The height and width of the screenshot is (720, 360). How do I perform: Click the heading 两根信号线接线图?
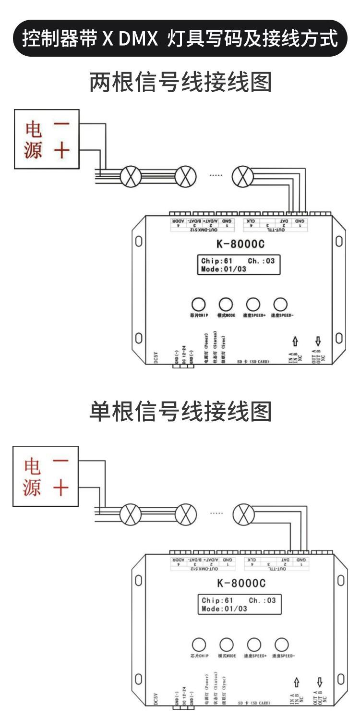coord(180,82)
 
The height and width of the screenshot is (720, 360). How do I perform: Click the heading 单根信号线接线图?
coord(180,411)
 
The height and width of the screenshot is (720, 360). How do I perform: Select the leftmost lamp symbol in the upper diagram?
coord(129,177)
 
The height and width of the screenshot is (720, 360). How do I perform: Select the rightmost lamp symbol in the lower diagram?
coord(243,515)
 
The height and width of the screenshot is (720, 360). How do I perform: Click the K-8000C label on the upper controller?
coord(240,244)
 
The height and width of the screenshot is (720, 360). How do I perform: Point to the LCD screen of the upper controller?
coord(239,265)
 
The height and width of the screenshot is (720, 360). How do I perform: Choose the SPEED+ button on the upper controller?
coord(252,304)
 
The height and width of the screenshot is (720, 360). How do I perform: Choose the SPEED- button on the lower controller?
coord(281,644)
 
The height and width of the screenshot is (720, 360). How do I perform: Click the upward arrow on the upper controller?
coord(295,342)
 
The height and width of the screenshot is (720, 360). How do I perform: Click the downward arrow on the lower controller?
coord(319,681)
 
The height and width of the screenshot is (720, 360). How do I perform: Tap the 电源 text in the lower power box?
coord(33,476)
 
